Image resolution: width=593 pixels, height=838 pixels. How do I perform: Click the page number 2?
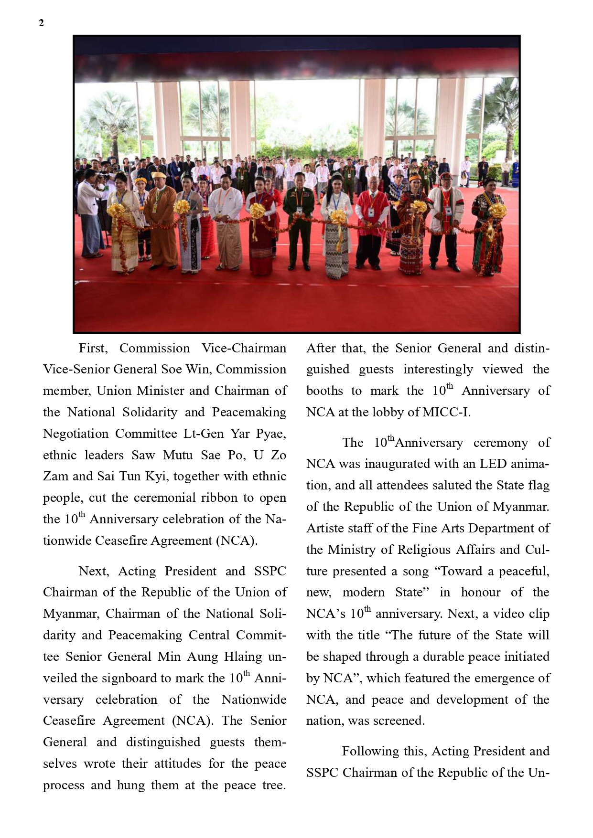click(42, 23)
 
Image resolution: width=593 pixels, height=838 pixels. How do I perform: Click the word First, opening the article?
click(93, 348)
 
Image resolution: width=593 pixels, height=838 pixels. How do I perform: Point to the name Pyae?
click(271, 434)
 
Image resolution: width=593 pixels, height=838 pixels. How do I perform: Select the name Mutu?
click(178, 455)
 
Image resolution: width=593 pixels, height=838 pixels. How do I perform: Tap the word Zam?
click(55, 476)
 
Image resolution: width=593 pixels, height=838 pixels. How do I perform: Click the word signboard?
click(131, 678)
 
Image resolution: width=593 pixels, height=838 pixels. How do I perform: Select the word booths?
click(324, 391)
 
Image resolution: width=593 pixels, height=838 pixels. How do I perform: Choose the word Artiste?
click(324, 528)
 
